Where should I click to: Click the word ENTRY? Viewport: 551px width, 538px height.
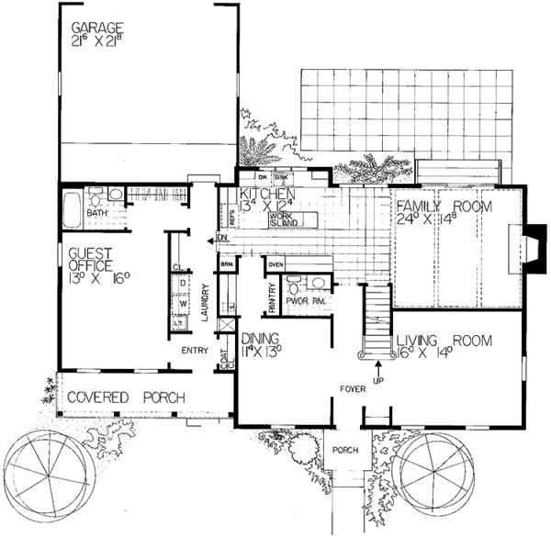[194, 349]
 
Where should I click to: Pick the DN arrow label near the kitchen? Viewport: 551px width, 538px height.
[222, 238]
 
